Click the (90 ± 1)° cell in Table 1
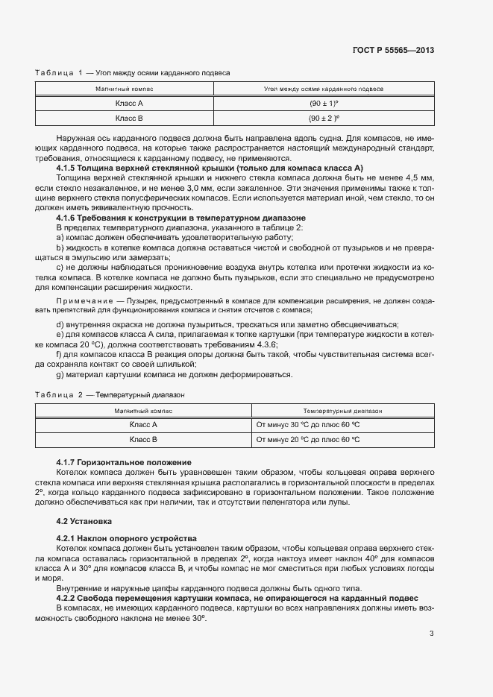[x=324, y=103]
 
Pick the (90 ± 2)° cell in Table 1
[x=324, y=118]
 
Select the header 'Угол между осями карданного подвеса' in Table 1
[x=324, y=89]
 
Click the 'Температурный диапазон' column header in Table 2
[x=342, y=411]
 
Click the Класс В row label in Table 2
[x=143, y=440]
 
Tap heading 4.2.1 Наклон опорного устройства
[x=126, y=538]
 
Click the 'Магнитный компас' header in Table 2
[x=143, y=411]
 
